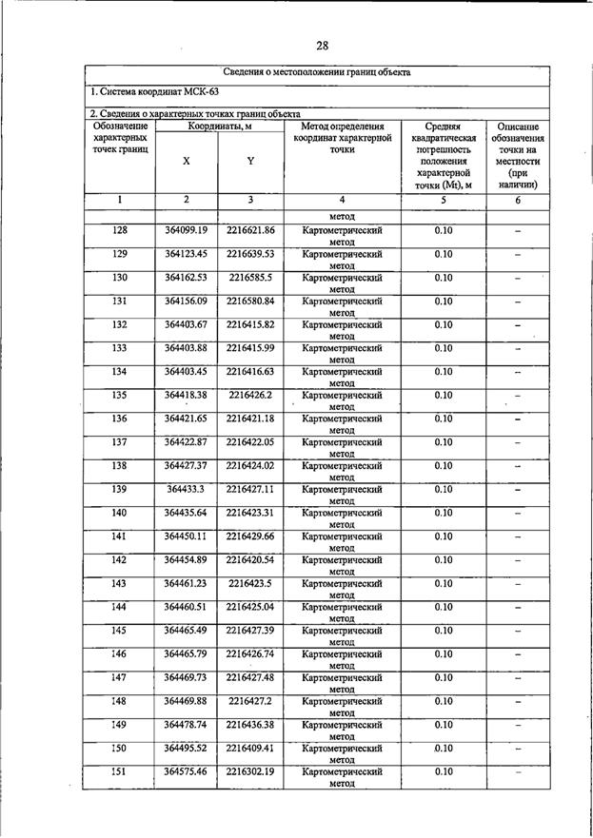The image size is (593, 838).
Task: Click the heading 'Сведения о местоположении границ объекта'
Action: point(317,72)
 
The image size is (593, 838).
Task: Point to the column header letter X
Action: point(186,161)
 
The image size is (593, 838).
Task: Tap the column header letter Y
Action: point(250,161)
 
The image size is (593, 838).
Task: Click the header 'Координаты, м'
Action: point(219,127)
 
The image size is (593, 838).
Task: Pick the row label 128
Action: point(120,231)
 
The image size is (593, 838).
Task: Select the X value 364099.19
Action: point(186,231)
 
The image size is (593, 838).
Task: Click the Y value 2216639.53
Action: point(250,254)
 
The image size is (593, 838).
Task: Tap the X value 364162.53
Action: point(186,278)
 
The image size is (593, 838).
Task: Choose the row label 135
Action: point(120,395)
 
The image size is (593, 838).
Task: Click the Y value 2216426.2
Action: point(250,395)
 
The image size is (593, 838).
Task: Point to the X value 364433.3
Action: point(186,489)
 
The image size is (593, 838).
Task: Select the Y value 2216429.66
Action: point(250,536)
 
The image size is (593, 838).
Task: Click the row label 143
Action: point(120,583)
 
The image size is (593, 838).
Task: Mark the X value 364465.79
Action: point(186,653)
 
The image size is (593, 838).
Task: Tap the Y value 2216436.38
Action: point(250,724)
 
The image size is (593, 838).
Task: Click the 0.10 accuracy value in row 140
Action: point(444,513)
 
